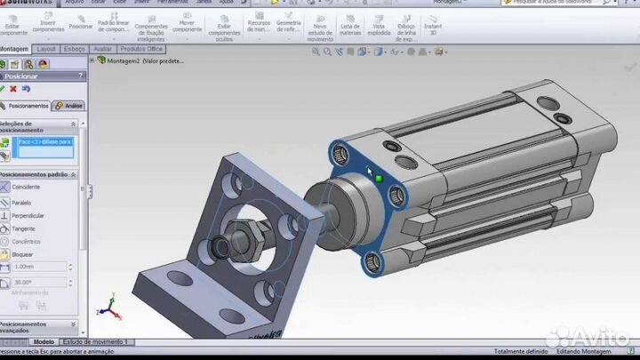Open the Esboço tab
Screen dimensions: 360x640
pyautogui.click(x=73, y=49)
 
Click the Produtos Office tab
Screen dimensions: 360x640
pyautogui.click(x=142, y=49)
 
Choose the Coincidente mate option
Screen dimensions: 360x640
pyautogui.click(x=26, y=187)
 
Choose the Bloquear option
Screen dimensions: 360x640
pyautogui.click(x=24, y=254)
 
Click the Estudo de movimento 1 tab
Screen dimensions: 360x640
pyautogui.click(x=96, y=342)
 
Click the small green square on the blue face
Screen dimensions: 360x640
pyautogui.click(x=378, y=178)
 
